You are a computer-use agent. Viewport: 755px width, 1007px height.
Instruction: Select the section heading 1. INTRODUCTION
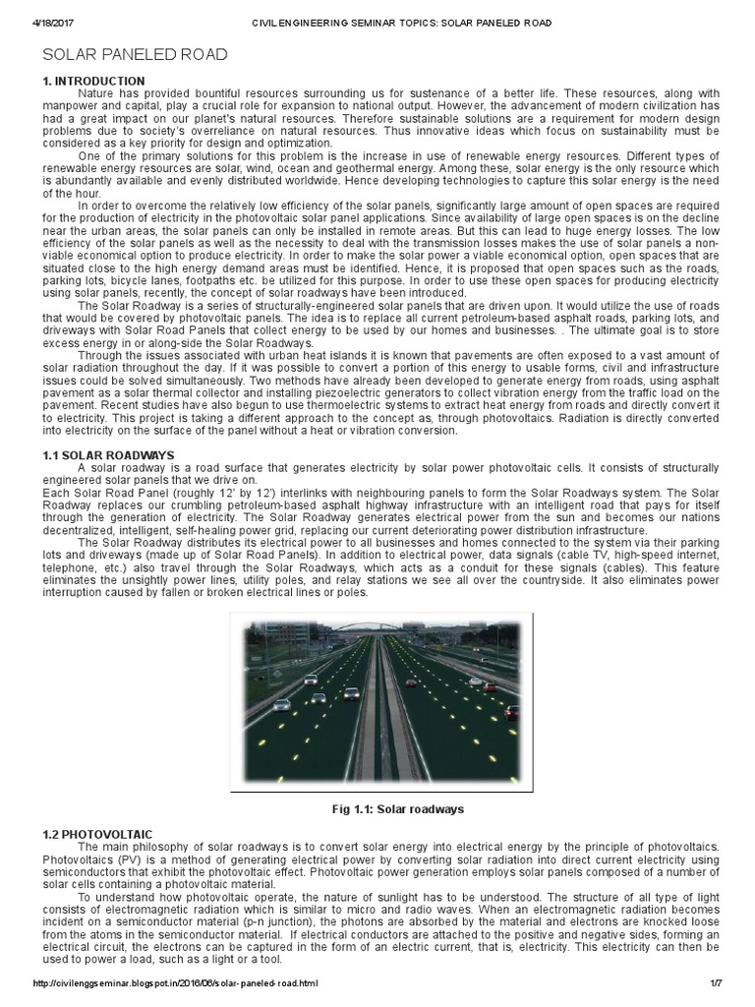point(94,81)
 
